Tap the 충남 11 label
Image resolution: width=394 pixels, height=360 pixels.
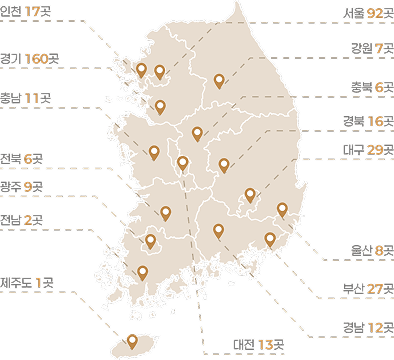pyautogui.click(x=23, y=99)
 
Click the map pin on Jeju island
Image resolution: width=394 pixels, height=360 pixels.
pyautogui.click(x=132, y=339)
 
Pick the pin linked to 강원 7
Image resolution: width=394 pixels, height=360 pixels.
pyautogui.click(x=219, y=80)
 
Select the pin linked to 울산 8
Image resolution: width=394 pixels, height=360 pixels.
pyautogui.click(x=282, y=209)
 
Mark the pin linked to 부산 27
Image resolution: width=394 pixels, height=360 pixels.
pyautogui.click(x=270, y=238)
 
